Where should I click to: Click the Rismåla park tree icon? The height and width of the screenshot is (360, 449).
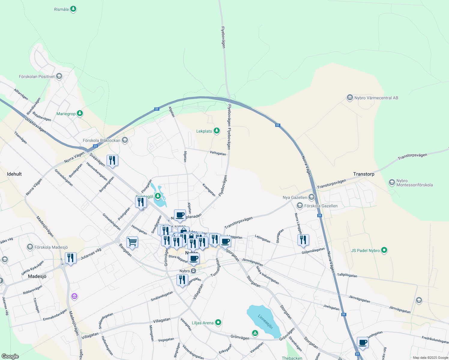click(73, 9)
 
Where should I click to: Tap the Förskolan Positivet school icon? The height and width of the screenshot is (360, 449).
click(59, 76)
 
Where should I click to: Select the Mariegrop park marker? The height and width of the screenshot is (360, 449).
click(80, 113)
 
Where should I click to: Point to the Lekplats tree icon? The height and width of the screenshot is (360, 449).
click(216, 131)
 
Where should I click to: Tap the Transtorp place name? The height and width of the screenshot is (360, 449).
click(364, 174)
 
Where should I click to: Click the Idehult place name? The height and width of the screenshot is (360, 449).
click(14, 174)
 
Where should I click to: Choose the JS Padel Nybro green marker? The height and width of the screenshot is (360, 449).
click(384, 250)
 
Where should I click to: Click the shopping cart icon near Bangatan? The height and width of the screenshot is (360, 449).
click(132, 242)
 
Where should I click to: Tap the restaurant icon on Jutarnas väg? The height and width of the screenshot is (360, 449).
click(71, 258)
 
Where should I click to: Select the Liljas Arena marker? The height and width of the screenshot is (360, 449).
click(218, 322)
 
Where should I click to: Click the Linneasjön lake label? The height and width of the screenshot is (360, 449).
click(265, 322)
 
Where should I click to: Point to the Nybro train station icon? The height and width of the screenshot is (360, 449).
click(194, 271)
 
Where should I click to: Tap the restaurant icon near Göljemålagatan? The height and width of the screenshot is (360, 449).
click(303, 240)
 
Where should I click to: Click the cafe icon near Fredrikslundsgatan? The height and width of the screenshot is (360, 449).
click(363, 342)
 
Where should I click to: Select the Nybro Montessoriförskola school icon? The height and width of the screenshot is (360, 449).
click(392, 182)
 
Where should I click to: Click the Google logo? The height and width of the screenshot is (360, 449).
click(10, 356)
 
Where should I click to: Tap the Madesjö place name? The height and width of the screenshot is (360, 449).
click(37, 276)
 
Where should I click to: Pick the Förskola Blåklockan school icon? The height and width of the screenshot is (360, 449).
click(125, 140)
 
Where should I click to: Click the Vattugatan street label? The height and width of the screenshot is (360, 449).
click(218, 153)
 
